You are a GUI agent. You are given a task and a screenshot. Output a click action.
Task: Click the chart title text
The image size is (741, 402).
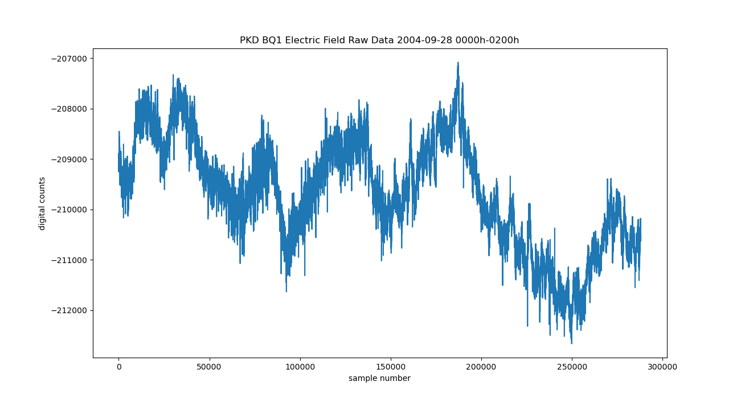[379, 40]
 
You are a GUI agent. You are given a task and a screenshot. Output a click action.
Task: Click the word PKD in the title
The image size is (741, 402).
[249, 40]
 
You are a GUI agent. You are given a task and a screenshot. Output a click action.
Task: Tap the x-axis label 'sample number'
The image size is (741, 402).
[379, 378]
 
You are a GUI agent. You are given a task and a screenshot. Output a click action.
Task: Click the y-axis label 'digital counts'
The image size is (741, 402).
[42, 203]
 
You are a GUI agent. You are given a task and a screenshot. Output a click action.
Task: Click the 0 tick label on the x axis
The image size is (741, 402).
[118, 367]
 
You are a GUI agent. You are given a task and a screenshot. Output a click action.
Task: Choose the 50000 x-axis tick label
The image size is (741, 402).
[209, 367]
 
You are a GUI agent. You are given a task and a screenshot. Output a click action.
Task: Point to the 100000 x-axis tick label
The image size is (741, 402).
[300, 367]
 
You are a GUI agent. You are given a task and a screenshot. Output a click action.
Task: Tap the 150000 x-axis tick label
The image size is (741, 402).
[391, 367]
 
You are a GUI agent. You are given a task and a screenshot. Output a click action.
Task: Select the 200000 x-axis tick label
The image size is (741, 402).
[481, 367]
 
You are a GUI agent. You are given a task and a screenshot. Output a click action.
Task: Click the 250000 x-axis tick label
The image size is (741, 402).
[572, 367]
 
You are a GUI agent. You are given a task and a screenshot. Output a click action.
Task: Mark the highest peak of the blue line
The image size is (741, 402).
[457, 63]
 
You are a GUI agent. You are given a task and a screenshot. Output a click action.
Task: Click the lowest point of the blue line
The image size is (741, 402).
[571, 343]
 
